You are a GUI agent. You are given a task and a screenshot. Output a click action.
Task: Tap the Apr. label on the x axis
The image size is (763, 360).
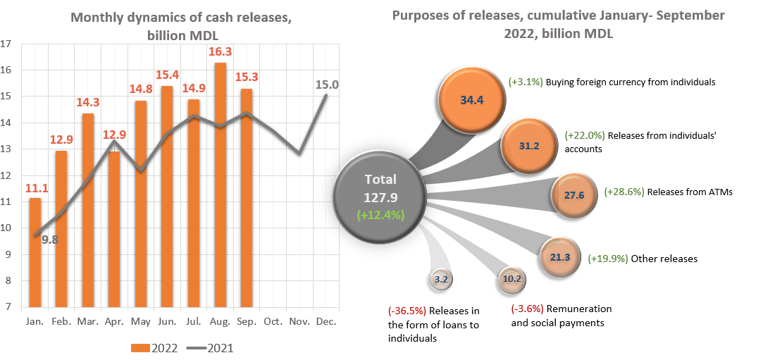coord(114,321)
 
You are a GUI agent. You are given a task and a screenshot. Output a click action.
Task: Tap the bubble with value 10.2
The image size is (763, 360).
coord(512,278)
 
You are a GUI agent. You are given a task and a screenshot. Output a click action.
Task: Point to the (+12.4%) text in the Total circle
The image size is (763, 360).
coord(380,214)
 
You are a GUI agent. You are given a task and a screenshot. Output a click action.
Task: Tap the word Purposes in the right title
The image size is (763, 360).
coord(423,15)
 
